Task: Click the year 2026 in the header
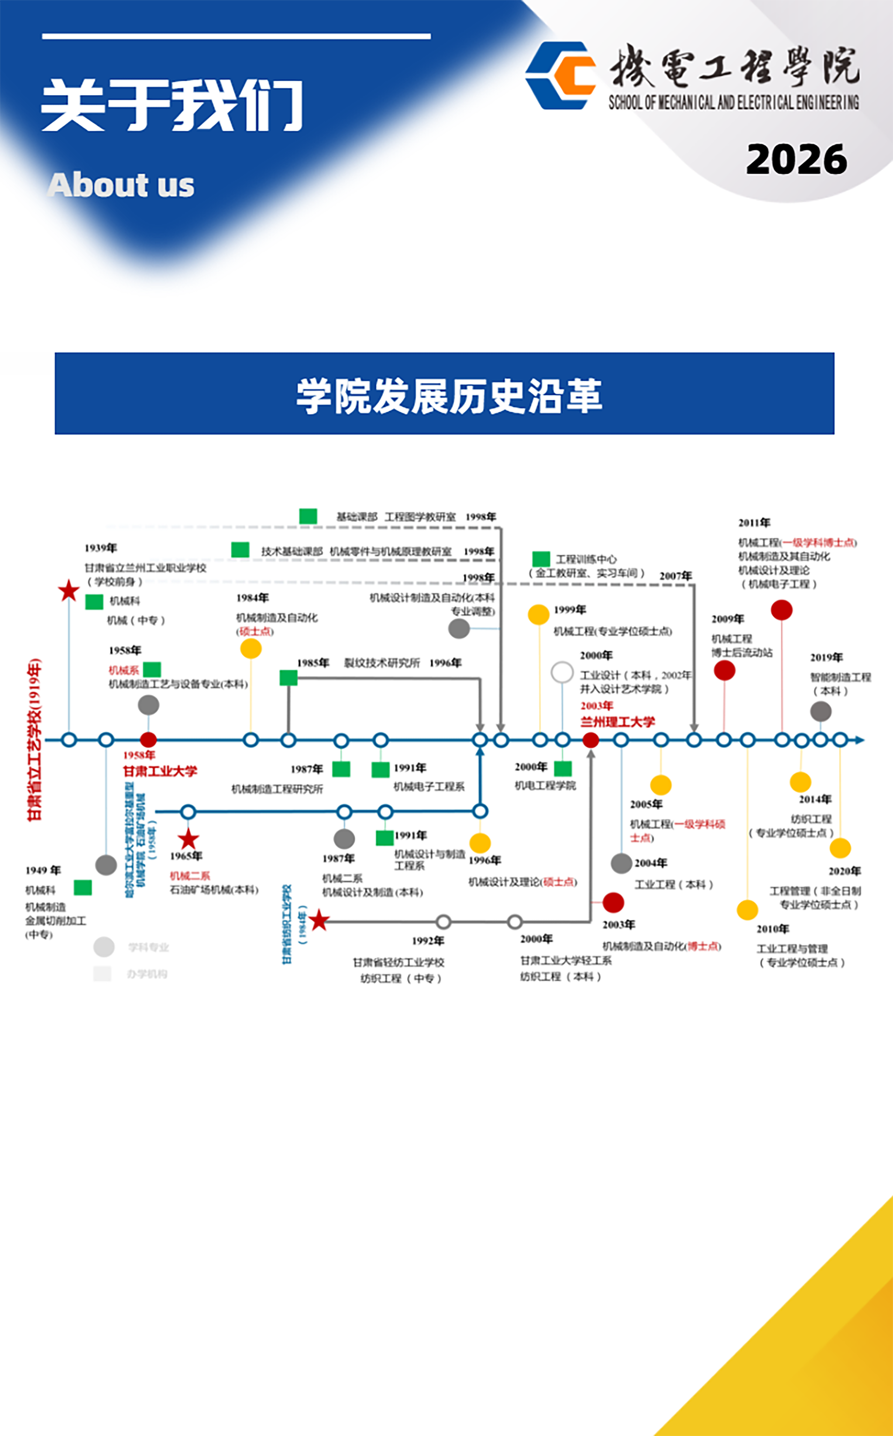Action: (796, 159)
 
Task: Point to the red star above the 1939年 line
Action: (68, 590)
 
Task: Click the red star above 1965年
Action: (188, 839)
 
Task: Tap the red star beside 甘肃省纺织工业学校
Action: (319, 920)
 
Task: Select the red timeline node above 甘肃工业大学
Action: (148, 740)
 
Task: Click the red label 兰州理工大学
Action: (617, 722)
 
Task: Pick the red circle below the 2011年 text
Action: (781, 609)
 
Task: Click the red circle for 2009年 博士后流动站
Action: (724, 671)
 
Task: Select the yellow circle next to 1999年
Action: (538, 614)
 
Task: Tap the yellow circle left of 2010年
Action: (747, 910)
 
